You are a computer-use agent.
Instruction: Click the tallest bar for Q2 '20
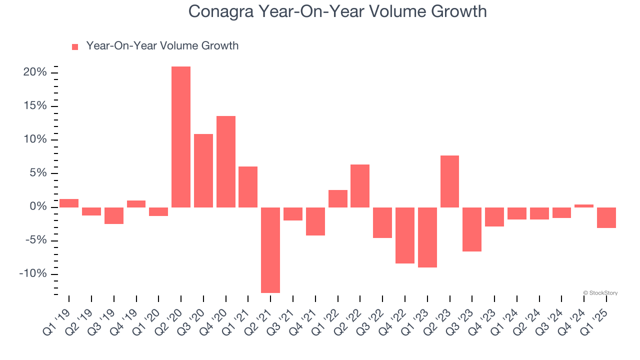tap(181, 136)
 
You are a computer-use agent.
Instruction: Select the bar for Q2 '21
tap(270, 250)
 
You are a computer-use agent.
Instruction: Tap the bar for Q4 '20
tap(225, 161)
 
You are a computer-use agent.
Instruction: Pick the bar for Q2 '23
tap(449, 181)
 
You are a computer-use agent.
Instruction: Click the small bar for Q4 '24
tap(584, 205)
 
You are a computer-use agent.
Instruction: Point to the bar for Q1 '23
tap(427, 237)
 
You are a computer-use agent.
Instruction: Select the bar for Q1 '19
tap(69, 203)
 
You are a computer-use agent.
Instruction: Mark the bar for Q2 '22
tap(360, 185)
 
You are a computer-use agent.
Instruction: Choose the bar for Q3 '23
tap(472, 229)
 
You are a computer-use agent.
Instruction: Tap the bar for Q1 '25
tap(606, 217)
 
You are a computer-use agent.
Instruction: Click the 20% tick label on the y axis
tap(34, 72)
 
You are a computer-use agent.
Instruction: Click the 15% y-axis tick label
tap(34, 106)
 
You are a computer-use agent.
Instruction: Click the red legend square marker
tap(75, 46)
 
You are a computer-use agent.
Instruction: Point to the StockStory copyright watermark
tap(600, 293)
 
